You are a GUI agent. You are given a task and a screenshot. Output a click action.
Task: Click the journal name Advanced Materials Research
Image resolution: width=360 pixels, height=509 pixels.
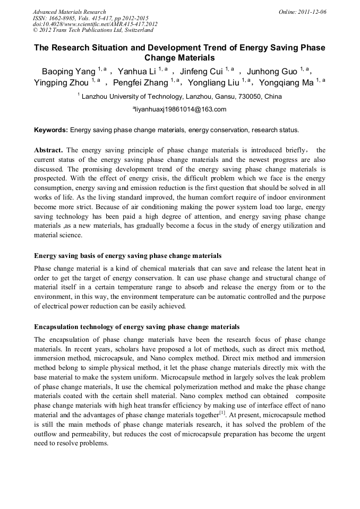[69, 12]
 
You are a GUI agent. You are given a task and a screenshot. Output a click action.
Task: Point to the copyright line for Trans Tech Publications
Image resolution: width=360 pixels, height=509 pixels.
[93, 30]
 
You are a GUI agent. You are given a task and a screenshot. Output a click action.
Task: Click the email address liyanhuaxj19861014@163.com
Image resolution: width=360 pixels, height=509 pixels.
[180, 110]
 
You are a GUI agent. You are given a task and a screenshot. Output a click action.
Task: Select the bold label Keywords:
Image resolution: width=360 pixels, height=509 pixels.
[51, 130]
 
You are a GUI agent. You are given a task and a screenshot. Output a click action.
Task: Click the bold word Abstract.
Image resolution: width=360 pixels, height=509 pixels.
[48, 150]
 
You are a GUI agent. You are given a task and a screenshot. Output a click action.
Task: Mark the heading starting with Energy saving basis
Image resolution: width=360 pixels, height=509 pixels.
[127, 256]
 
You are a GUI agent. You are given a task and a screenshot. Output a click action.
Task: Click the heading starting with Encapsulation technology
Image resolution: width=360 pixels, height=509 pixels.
[136, 326]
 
